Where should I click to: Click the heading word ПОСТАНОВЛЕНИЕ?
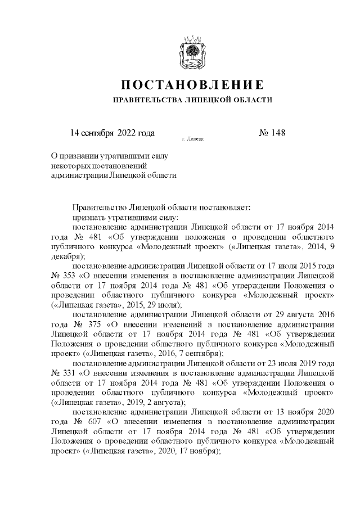[193, 85]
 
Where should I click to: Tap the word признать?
[89, 217]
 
